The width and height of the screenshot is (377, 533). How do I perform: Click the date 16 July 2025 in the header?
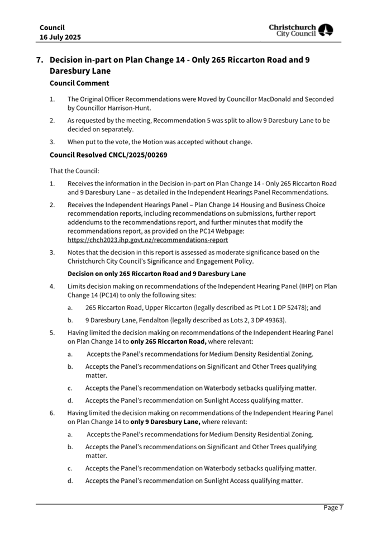pyautogui.click(x=60, y=37)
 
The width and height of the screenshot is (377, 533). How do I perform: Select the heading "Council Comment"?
pyautogui.click(x=79, y=83)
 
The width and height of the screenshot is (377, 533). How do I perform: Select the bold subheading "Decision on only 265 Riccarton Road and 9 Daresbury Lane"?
pyautogui.click(x=156, y=273)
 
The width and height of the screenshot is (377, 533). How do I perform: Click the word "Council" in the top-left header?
pyautogui.click(x=52, y=27)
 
